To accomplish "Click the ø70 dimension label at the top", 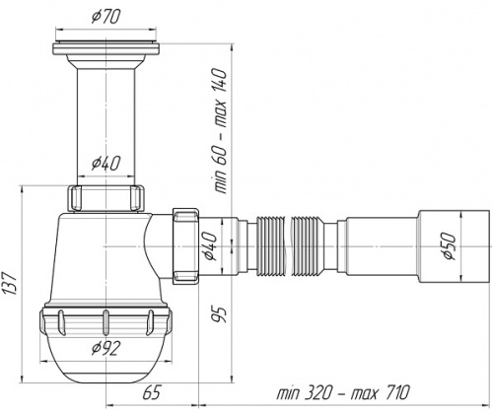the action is point(106,17).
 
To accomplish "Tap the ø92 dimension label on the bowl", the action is point(106,348).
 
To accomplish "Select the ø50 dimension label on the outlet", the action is point(450,246).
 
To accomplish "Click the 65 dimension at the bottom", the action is point(152,392).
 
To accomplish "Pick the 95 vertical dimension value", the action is point(218,314).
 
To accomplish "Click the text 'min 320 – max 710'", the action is point(343,392).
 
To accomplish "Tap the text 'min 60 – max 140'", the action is point(220,131).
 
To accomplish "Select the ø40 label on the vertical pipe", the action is point(106,164).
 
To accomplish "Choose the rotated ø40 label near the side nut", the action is point(210,246).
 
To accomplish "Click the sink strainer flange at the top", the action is point(106,47).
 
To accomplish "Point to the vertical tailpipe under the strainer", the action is point(106,127).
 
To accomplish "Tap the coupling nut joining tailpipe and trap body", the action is point(106,198).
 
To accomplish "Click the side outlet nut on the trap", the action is point(185,245).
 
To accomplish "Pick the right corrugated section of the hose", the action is point(308,246).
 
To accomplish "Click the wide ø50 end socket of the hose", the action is point(455,246).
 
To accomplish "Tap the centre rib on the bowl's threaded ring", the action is point(106,323).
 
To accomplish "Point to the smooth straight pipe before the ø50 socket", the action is point(382,246).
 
